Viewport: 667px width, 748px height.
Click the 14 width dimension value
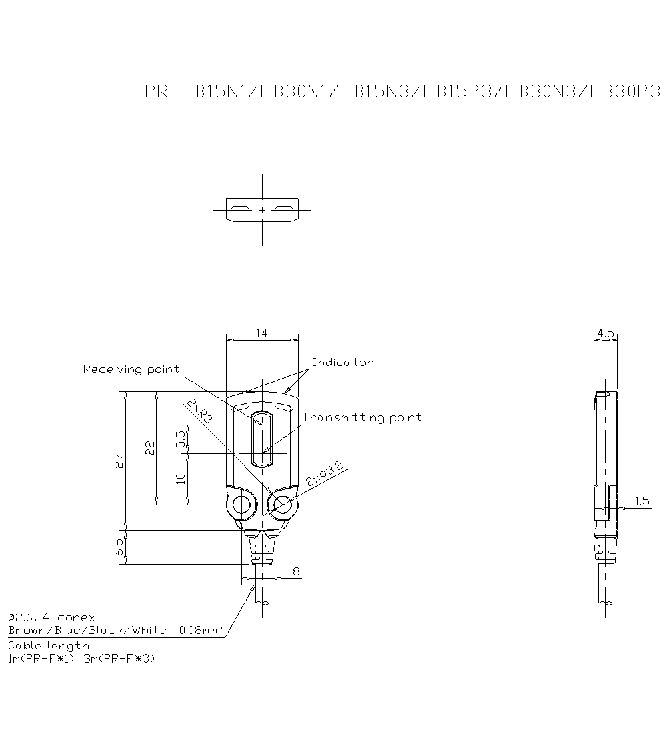click(261, 333)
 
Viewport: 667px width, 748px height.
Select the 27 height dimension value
click(119, 461)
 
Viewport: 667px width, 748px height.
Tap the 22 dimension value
click(150, 447)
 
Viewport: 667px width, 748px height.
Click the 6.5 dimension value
click(119, 547)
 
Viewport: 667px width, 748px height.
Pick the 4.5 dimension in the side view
click(606, 332)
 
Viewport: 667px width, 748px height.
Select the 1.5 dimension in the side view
click(642, 501)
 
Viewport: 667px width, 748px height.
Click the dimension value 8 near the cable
click(296, 571)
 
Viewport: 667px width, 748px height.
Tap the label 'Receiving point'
click(131, 369)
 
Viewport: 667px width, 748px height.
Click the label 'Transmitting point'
click(362, 417)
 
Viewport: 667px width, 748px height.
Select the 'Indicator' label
click(343, 363)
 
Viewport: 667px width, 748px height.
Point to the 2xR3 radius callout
click(199, 412)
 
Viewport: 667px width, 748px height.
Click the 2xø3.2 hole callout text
click(324, 474)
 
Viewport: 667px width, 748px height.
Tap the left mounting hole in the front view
click(241, 505)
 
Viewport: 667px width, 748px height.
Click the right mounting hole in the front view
click(283, 505)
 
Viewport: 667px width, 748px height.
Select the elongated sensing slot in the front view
click(262, 439)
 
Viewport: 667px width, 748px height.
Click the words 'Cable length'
click(49, 645)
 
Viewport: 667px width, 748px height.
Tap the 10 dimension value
click(181, 479)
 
